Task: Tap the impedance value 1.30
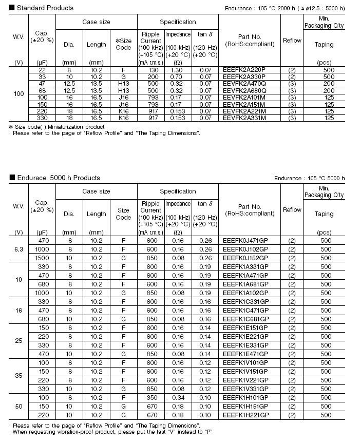pos(177,69)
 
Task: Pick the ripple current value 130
pos(150,69)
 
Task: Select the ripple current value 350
pos(150,398)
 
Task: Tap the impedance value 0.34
pos(177,398)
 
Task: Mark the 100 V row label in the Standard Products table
pos(18,94)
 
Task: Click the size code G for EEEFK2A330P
pos(123,76)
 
